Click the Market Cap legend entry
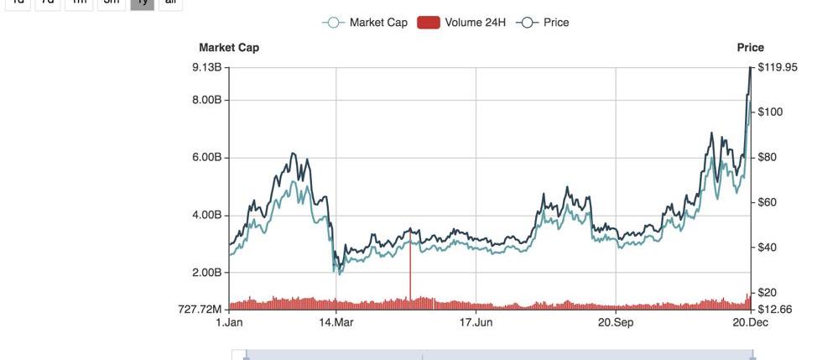(366, 23)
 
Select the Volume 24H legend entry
(461, 23)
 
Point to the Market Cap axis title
(229, 48)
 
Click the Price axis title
(750, 48)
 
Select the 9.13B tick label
(206, 67)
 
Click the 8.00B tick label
(206, 101)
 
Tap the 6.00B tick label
(206, 158)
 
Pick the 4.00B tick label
(206, 215)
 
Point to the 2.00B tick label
(206, 273)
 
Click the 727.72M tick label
(201, 310)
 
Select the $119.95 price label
(778, 67)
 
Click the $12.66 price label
(774, 309)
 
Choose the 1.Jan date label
(229, 322)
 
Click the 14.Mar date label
(336, 322)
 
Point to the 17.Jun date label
(475, 322)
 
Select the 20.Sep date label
(615, 322)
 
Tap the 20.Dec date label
(749, 322)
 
